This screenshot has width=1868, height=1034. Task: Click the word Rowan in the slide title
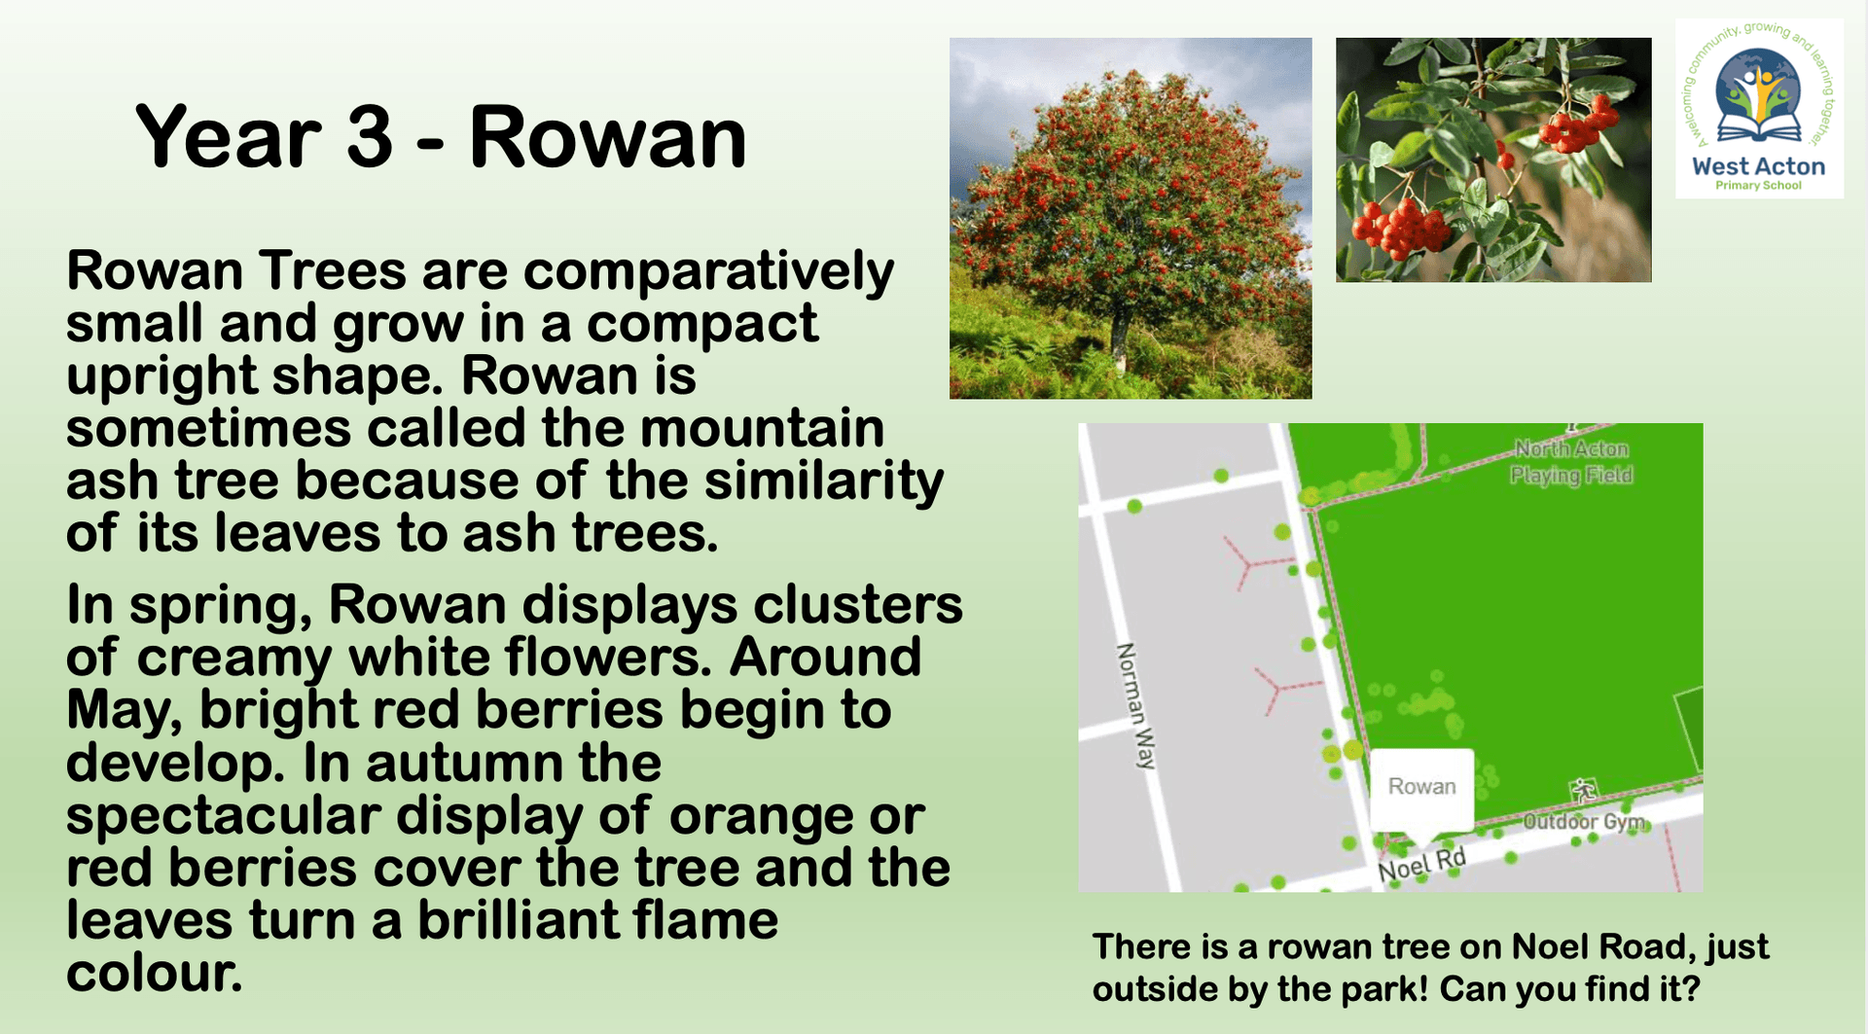click(608, 138)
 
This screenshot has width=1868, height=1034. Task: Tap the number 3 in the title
click(370, 137)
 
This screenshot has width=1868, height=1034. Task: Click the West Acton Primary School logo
click(1759, 109)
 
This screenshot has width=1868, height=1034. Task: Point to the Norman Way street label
click(1134, 705)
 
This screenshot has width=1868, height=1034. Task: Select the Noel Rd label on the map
click(1422, 864)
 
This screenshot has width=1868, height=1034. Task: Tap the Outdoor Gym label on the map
click(1583, 822)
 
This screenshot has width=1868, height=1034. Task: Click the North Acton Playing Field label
click(1571, 462)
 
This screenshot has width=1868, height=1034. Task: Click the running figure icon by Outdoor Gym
click(1584, 789)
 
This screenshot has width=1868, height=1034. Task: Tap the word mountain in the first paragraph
click(762, 428)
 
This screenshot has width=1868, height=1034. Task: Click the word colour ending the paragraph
click(154, 973)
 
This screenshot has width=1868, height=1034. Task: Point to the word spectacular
click(223, 817)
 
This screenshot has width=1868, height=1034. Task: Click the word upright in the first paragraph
click(160, 377)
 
